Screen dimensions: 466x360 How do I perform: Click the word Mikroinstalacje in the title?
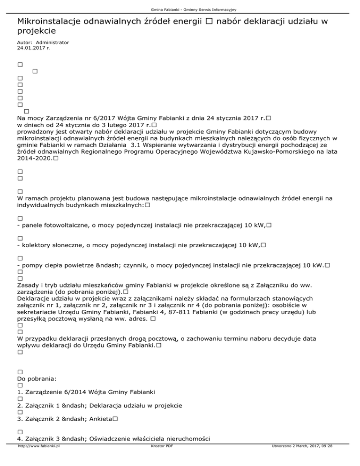point(46,22)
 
